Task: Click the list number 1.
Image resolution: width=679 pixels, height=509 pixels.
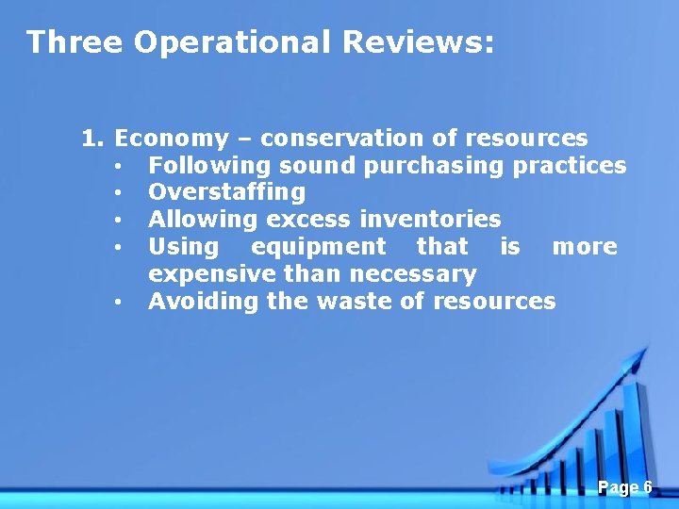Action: [91, 139]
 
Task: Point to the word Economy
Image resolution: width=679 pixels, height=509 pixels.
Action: [171, 139]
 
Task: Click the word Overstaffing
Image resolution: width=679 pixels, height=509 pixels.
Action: [226, 192]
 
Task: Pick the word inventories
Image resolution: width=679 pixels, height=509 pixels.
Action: [431, 220]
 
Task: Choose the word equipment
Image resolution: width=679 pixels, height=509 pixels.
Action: [319, 247]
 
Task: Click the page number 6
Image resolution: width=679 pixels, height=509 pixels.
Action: [647, 487]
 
